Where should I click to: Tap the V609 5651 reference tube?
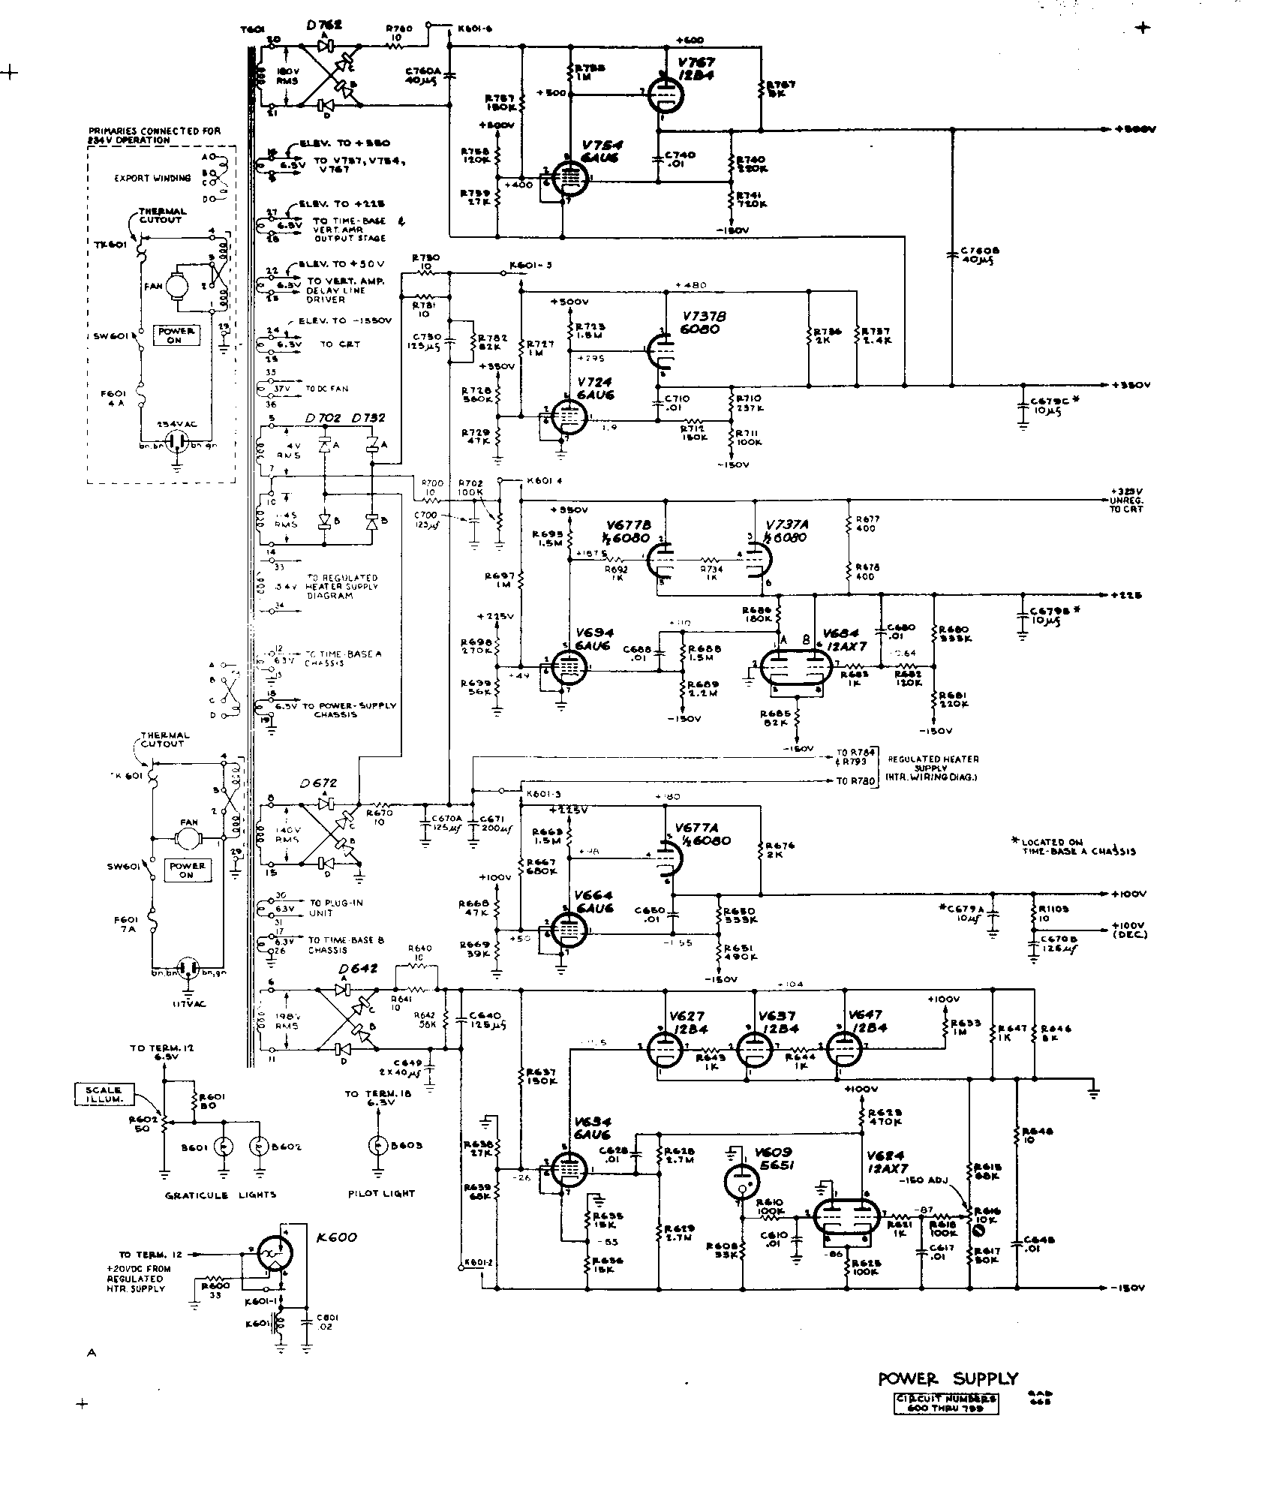click(741, 1182)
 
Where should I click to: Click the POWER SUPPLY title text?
click(948, 1378)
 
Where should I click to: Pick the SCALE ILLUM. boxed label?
click(99, 1095)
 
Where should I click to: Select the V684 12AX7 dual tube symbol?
click(795, 665)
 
